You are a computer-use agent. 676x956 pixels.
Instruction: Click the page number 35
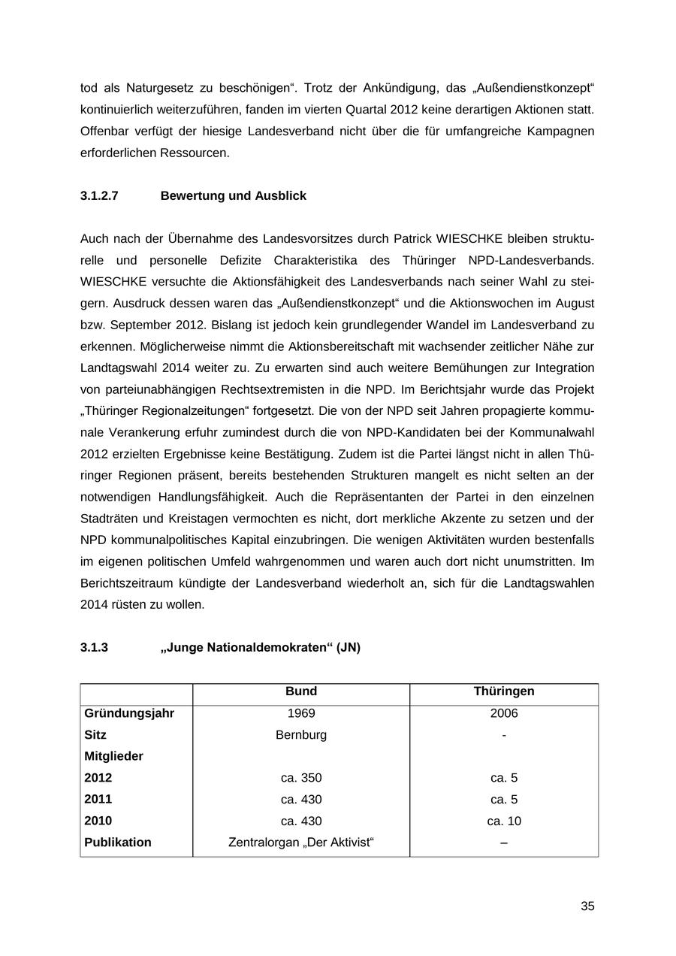click(x=587, y=906)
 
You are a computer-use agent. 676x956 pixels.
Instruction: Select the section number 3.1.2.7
click(x=99, y=196)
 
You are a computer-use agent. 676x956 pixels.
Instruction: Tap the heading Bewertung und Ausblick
click(x=234, y=196)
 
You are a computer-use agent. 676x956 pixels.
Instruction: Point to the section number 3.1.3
click(x=94, y=647)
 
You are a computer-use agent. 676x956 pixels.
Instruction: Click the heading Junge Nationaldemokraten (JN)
click(x=261, y=647)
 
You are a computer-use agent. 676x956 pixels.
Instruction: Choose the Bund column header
click(x=301, y=691)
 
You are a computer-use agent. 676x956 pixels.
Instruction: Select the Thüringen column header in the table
click(x=504, y=691)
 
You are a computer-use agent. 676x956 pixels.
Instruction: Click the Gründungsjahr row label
click(x=129, y=713)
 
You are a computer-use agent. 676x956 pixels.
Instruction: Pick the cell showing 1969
click(x=301, y=713)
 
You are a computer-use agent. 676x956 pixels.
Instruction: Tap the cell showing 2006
click(x=504, y=713)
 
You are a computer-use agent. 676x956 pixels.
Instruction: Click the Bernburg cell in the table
click(x=301, y=735)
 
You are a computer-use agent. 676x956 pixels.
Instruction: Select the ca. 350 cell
click(x=301, y=778)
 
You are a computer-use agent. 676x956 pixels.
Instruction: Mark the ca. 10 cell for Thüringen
click(x=504, y=821)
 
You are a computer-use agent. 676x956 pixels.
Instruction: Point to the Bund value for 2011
click(x=301, y=800)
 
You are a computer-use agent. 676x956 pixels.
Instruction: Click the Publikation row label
click(x=118, y=843)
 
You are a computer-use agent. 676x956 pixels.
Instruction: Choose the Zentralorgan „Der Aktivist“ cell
click(x=301, y=843)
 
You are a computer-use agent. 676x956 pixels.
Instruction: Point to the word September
click(x=139, y=325)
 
